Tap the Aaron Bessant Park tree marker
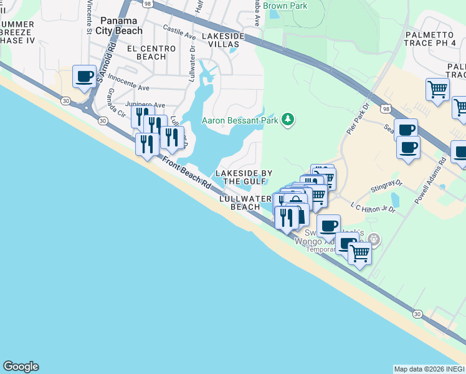(x=287, y=119)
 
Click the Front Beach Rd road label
(x=186, y=173)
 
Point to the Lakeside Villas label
(x=224, y=41)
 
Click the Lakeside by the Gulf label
(x=244, y=177)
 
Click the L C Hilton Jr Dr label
(x=373, y=207)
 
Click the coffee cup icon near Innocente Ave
(x=84, y=77)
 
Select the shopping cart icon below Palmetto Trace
(x=437, y=89)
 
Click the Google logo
(x=21, y=367)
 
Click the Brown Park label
(x=286, y=6)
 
